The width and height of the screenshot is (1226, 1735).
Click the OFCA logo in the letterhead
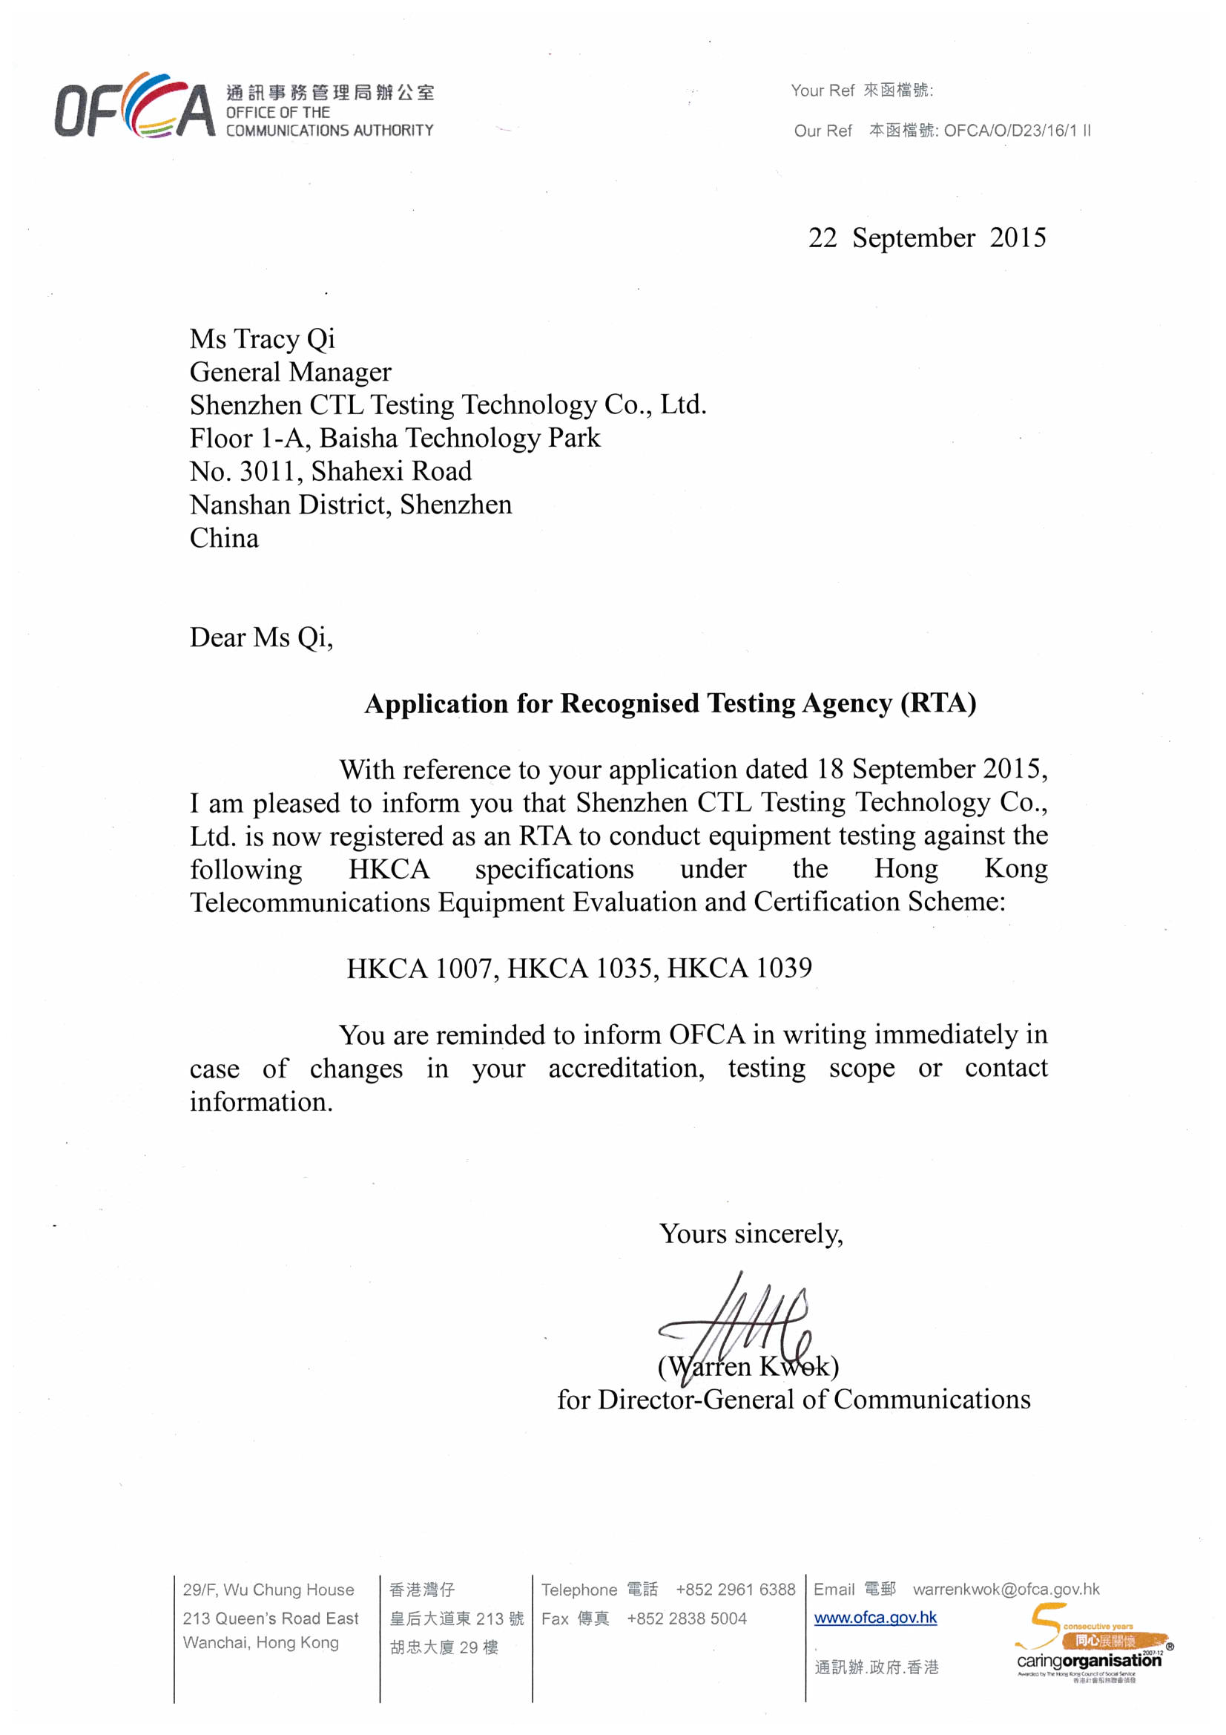[x=134, y=106]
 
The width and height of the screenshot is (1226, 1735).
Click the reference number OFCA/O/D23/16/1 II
[x=1017, y=131]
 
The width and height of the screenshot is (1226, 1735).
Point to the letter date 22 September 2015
[x=927, y=238]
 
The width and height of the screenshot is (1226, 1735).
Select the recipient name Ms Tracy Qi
[x=262, y=339]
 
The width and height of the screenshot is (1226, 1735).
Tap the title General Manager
[x=290, y=373]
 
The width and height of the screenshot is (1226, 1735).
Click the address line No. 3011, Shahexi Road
[x=330, y=471]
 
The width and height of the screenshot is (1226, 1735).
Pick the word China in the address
[x=223, y=539]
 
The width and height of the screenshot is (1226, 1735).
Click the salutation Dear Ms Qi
[x=260, y=637]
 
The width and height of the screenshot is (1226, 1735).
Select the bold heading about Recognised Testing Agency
[x=670, y=703]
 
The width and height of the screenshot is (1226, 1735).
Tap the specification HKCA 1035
[x=581, y=968]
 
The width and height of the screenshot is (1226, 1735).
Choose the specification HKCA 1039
[x=739, y=968]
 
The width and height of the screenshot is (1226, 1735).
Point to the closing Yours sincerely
[x=751, y=1234]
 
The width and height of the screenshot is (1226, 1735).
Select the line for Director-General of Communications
[x=793, y=1400]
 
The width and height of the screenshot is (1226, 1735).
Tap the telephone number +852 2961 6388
[x=735, y=1589]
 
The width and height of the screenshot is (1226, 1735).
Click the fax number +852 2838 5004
[x=686, y=1618]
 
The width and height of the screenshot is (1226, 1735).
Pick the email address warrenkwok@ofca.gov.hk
[x=1006, y=1589]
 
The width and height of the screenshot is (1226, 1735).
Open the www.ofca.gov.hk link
[x=874, y=1618]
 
